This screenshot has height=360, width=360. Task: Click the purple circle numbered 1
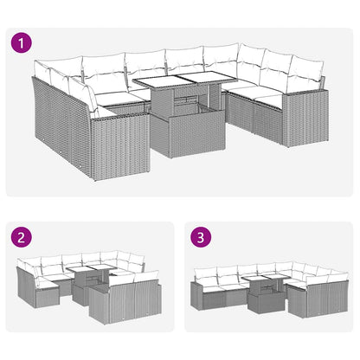(20, 41)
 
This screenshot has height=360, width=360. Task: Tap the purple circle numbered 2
(20, 236)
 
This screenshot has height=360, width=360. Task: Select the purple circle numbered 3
(201, 236)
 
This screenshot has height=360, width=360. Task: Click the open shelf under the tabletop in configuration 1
(184, 108)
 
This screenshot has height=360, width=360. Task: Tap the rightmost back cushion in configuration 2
(149, 278)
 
